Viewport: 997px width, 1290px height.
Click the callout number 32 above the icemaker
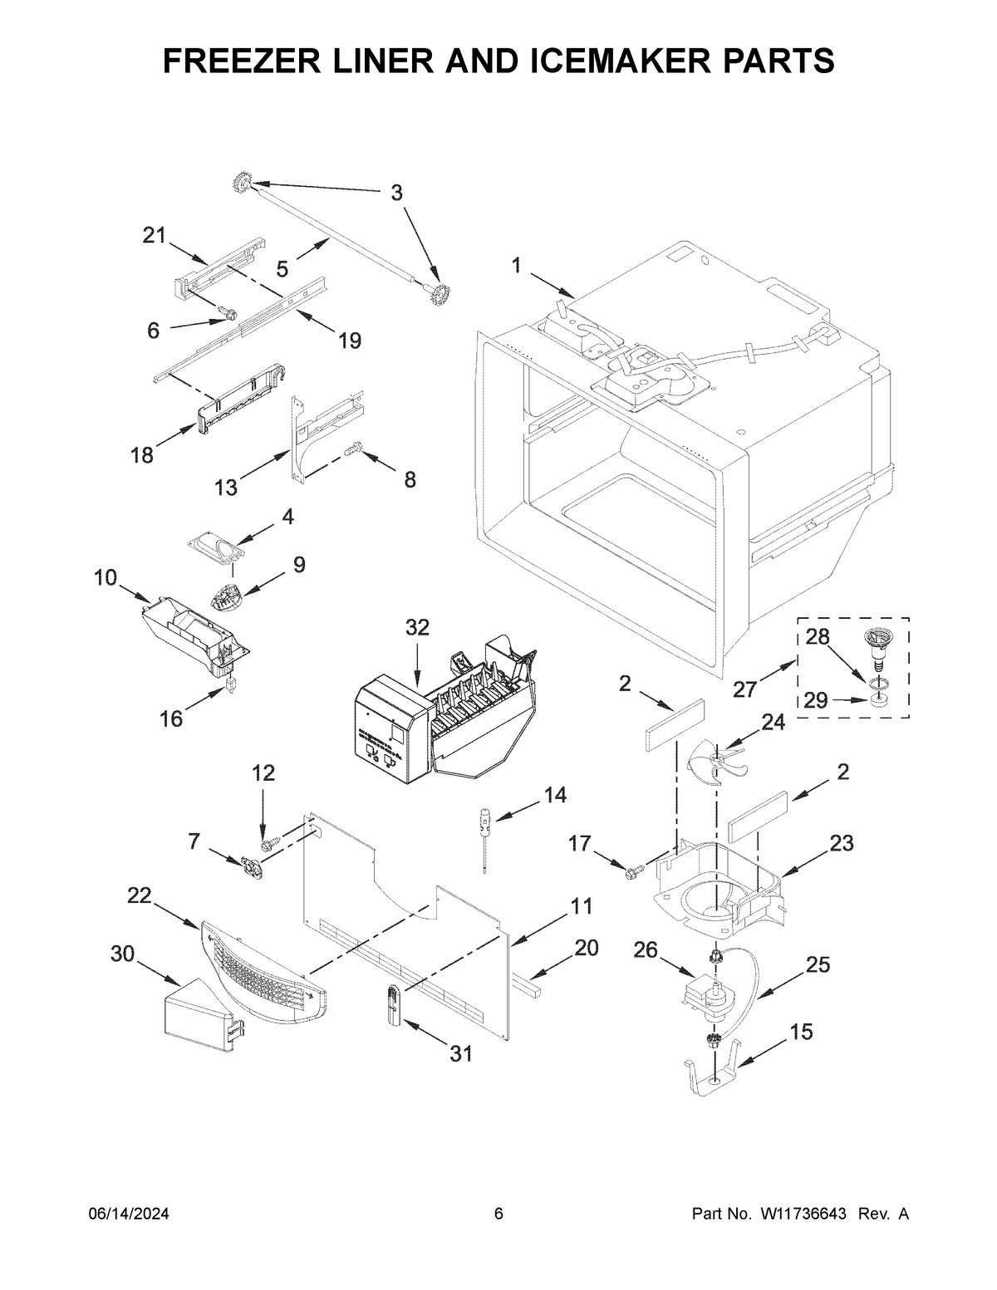tap(417, 628)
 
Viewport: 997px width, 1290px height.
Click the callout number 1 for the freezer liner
tap(517, 266)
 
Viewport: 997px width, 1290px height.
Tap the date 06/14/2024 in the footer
tap(129, 1214)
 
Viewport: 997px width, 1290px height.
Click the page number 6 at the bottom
tap(498, 1214)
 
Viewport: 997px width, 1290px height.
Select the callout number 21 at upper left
tap(154, 236)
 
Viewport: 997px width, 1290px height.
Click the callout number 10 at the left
tap(106, 577)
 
